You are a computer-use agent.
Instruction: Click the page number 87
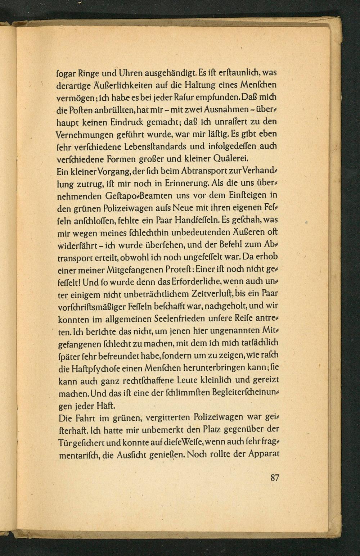point(275,478)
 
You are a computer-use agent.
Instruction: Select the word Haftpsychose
point(97,368)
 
